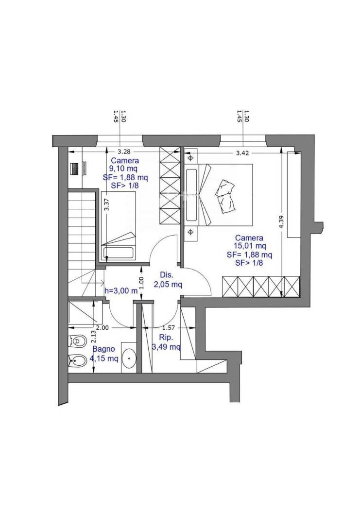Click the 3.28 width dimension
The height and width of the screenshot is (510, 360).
click(124, 152)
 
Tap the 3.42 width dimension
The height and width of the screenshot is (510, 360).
click(242, 153)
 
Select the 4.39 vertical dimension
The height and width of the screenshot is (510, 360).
click(282, 222)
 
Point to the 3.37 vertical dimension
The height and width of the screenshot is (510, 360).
click(106, 204)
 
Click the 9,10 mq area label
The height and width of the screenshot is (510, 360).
click(124, 169)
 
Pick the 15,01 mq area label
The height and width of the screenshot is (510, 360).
click(249, 246)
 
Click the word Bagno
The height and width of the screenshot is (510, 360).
click(104, 349)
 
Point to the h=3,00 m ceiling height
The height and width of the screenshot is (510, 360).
click(121, 291)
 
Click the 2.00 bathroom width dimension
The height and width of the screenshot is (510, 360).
click(103, 328)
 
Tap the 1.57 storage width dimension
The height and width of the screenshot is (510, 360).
click(169, 328)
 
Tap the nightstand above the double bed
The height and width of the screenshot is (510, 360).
click(191, 158)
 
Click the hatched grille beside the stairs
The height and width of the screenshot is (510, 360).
click(75, 169)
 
